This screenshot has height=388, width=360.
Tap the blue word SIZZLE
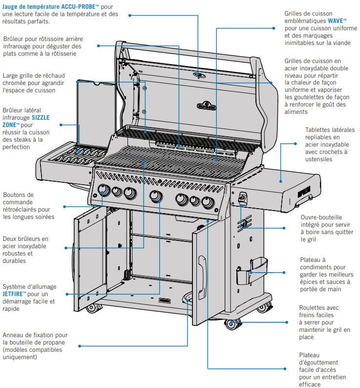tap(43, 118)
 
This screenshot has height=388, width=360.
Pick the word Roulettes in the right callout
tap(312, 308)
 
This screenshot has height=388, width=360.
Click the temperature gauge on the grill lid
tap(199, 74)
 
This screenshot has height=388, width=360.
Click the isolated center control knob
tap(156, 196)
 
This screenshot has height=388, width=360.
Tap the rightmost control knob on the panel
tap(208, 202)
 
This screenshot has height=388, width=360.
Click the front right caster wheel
tap(232, 324)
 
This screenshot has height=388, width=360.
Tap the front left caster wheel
tap(91, 308)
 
